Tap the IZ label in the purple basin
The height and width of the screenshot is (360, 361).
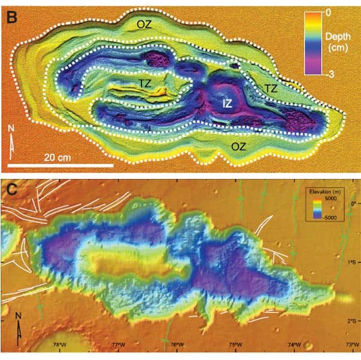227,103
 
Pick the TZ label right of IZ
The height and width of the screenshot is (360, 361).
271,88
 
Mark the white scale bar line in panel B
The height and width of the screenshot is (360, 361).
60,165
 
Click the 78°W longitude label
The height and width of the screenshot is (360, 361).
58,344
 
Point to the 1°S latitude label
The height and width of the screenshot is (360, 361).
352,262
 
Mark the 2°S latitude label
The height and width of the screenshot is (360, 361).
352,321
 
